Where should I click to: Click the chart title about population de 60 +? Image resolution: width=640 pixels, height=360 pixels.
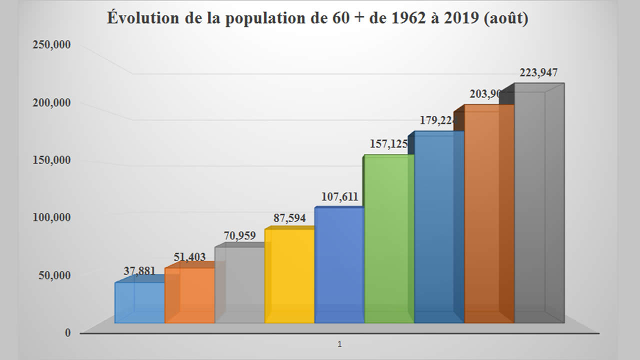(x=317, y=18)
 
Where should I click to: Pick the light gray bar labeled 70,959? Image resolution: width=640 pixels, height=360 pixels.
(x=239, y=285)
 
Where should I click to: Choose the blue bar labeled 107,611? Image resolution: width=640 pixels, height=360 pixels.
(x=339, y=265)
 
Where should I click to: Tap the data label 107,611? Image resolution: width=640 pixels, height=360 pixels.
(x=336, y=197)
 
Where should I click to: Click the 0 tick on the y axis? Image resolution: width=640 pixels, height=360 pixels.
(x=67, y=333)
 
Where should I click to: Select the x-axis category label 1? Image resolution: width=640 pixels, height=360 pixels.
(x=339, y=344)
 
